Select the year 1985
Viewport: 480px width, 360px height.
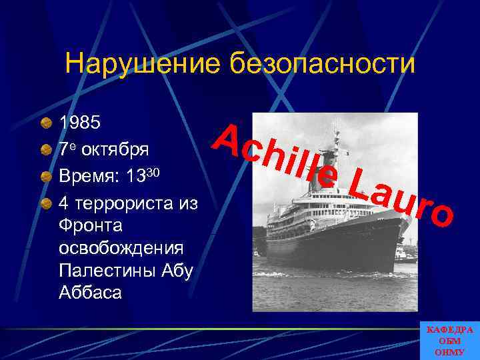[81, 123]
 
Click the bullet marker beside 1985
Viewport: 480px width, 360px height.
[46, 123]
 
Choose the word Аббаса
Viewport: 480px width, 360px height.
[89, 291]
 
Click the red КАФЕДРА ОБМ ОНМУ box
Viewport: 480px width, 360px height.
[449, 341]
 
